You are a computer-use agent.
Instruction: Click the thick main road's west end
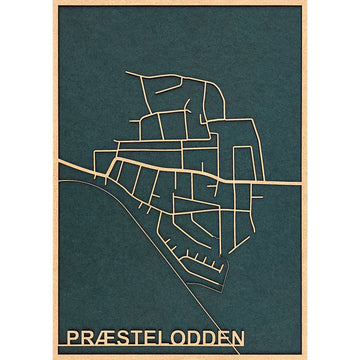pyautogui.click(x=59, y=164)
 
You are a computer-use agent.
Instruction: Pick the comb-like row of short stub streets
pyautogui.click(x=206, y=262)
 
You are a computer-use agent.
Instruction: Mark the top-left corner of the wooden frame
pyautogui.click(x=52, y=2)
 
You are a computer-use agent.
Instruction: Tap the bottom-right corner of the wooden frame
pyautogui.click(x=305, y=357)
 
